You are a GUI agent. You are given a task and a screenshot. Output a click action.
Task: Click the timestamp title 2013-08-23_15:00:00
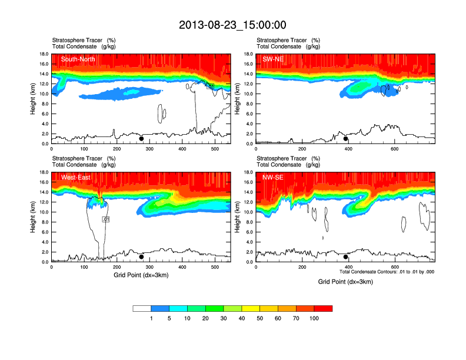(232, 25)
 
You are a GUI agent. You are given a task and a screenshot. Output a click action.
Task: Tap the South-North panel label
(78, 59)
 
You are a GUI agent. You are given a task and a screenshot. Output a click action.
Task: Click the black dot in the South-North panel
(142, 139)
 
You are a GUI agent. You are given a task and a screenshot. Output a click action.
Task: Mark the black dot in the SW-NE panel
(346, 139)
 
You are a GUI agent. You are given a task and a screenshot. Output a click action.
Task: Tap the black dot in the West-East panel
(142, 256)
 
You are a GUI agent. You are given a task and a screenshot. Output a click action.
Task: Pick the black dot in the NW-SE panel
(346, 256)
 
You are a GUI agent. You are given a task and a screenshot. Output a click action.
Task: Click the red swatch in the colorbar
(323, 308)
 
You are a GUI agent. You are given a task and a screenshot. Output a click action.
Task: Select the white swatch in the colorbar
(142, 308)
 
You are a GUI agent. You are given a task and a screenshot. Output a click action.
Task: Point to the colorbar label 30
(224, 318)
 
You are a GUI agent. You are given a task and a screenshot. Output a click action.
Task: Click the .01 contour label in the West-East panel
(106, 219)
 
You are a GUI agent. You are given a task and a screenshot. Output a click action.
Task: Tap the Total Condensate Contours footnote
(387, 272)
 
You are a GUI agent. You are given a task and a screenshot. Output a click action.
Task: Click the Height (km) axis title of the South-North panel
(35, 99)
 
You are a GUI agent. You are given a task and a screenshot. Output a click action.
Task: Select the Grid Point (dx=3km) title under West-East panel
(142, 275)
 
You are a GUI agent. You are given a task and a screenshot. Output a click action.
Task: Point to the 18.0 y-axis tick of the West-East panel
(43, 172)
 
